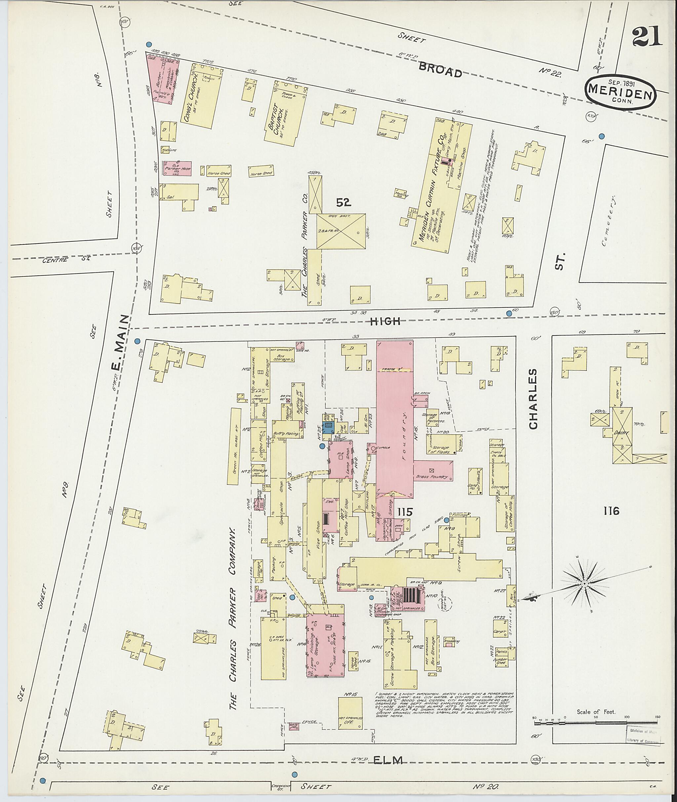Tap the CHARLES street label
pos(534,399)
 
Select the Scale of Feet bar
pos(596,723)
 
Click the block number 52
pos(344,202)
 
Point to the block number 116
pos(611,511)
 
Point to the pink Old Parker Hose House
pos(177,168)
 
